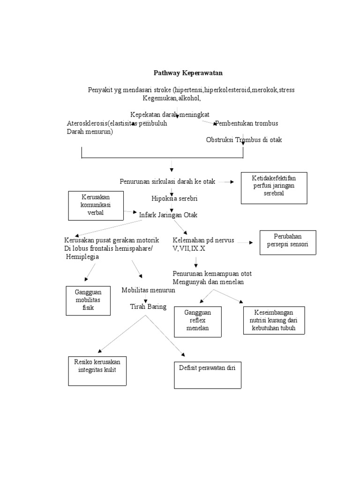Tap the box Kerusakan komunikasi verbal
96,205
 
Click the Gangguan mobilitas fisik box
88,300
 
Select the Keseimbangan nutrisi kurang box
274,320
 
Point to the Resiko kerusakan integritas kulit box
97,371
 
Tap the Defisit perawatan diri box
208,375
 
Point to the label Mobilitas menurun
148,290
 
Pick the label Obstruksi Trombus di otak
244,140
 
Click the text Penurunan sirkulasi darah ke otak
167,181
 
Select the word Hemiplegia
82,257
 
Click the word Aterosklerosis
87,124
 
